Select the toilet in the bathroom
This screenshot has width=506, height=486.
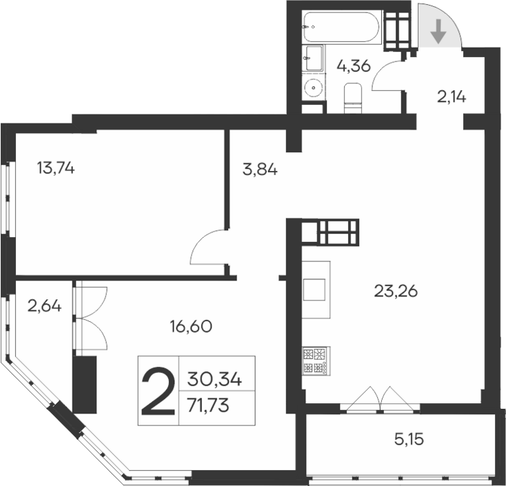click(352, 97)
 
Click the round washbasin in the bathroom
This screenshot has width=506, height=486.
click(314, 88)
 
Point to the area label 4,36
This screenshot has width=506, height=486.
click(354, 67)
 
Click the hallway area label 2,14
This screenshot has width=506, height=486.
click(452, 97)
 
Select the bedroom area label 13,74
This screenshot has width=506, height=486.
click(57, 168)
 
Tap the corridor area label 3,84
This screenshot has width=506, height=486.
click(260, 169)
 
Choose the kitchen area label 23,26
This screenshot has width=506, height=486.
click(396, 292)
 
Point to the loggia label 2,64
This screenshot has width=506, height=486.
click(45, 305)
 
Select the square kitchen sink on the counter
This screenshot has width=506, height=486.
click(314, 289)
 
